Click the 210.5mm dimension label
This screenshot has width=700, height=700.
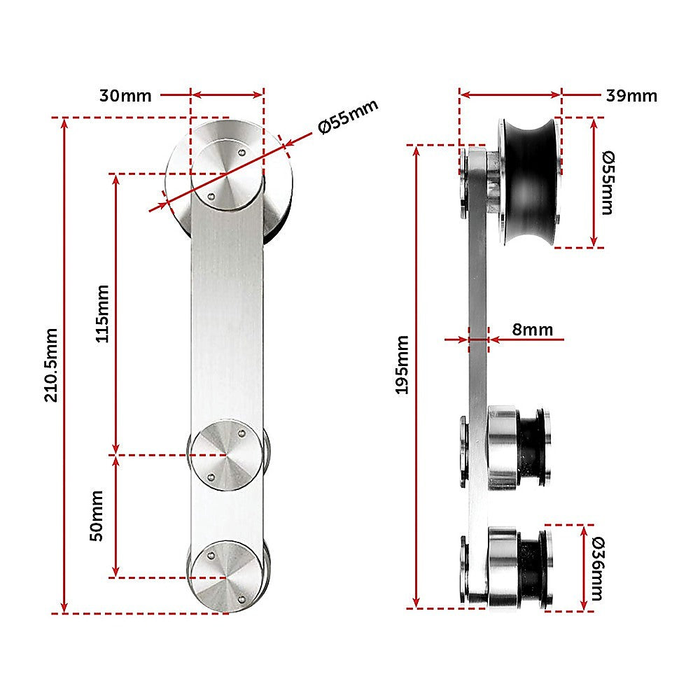tap(51, 364)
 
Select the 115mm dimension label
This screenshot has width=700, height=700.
tap(102, 313)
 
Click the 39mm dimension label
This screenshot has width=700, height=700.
tap(632, 96)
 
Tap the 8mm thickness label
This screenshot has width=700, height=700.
tap(532, 329)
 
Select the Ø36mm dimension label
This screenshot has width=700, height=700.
tap(596, 568)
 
